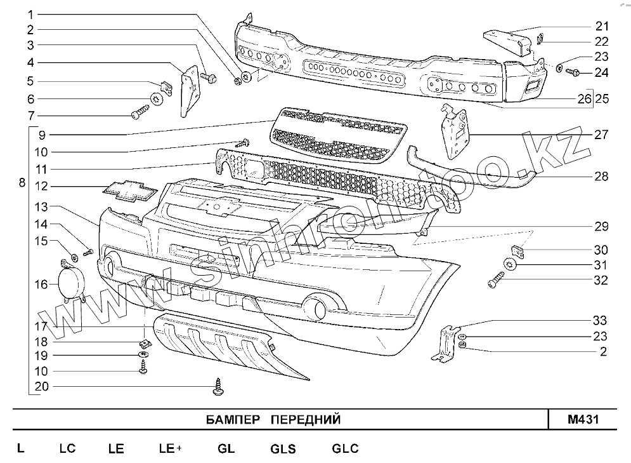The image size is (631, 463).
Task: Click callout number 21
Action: (x=601, y=27)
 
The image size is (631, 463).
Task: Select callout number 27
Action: (x=601, y=135)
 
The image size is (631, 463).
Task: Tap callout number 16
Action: (x=41, y=284)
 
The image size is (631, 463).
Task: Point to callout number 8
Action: (x=22, y=183)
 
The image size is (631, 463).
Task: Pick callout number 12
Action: (x=41, y=187)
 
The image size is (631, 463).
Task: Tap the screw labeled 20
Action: (x=219, y=386)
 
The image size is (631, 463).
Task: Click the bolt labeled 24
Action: (x=571, y=72)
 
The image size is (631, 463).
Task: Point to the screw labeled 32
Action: (x=495, y=279)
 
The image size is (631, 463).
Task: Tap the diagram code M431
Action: (x=583, y=420)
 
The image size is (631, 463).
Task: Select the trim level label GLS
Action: (x=283, y=448)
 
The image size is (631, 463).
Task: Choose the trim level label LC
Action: (x=67, y=448)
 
